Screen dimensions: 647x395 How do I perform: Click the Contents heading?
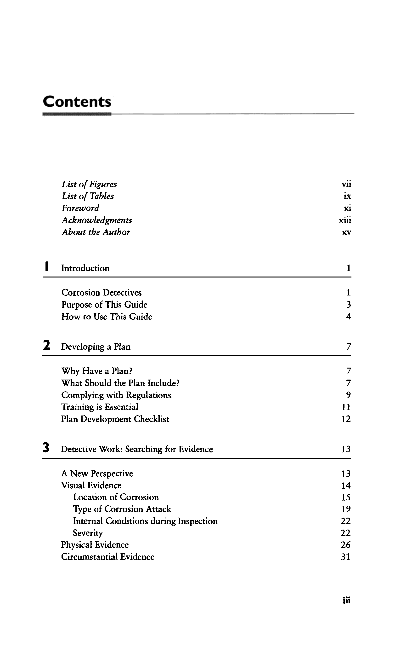click(77, 102)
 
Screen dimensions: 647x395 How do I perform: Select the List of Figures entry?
click(89, 184)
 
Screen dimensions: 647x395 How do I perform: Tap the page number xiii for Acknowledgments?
click(345, 220)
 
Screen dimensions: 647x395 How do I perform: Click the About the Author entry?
click(96, 232)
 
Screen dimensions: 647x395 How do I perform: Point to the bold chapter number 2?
click(46, 345)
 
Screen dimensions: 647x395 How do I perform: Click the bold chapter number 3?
click(46, 448)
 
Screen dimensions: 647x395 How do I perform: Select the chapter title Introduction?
click(85, 268)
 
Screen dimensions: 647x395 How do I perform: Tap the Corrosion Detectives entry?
click(101, 293)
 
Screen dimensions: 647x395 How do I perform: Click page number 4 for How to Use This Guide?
click(348, 316)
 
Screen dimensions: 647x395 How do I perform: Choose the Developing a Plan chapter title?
click(96, 347)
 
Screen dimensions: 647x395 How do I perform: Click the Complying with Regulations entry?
click(116, 395)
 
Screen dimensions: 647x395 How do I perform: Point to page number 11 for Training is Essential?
click(346, 407)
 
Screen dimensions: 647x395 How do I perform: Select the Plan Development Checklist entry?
click(115, 419)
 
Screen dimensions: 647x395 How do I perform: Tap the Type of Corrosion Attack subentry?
click(122, 509)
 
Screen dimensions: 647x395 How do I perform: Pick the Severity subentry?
click(88, 533)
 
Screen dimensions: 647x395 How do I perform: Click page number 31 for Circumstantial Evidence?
click(345, 557)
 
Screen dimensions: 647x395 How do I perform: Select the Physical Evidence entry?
click(95, 545)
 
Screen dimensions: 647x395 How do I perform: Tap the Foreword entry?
click(80, 208)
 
